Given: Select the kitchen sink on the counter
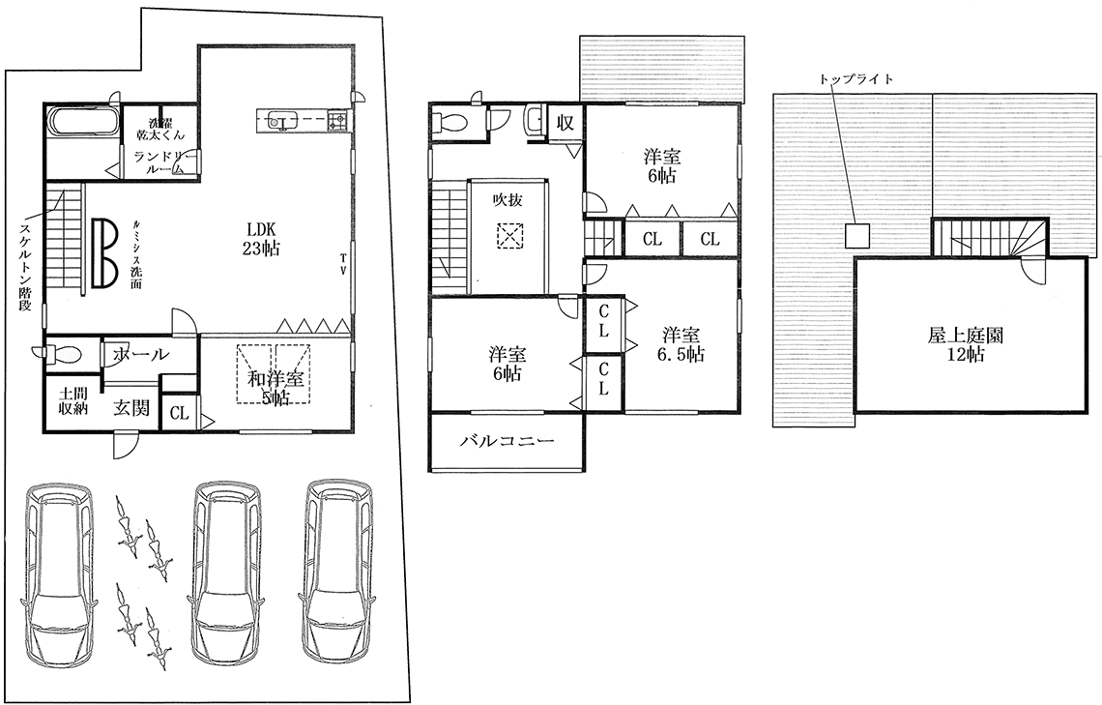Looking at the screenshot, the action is tap(279, 123).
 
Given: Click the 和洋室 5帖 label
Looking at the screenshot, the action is tap(275, 388).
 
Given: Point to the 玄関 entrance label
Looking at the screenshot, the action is tap(132, 407).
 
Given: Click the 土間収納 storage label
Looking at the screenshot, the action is tap(72, 400).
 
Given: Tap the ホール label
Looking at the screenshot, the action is tap(140, 354).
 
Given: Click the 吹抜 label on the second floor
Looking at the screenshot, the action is tap(507, 199).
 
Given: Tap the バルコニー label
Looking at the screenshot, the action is tap(507, 441).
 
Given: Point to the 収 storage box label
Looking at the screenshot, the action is tap(565, 123).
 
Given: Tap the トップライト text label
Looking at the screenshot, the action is tap(856, 78).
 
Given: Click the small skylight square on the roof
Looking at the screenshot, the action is tap(857, 235).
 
